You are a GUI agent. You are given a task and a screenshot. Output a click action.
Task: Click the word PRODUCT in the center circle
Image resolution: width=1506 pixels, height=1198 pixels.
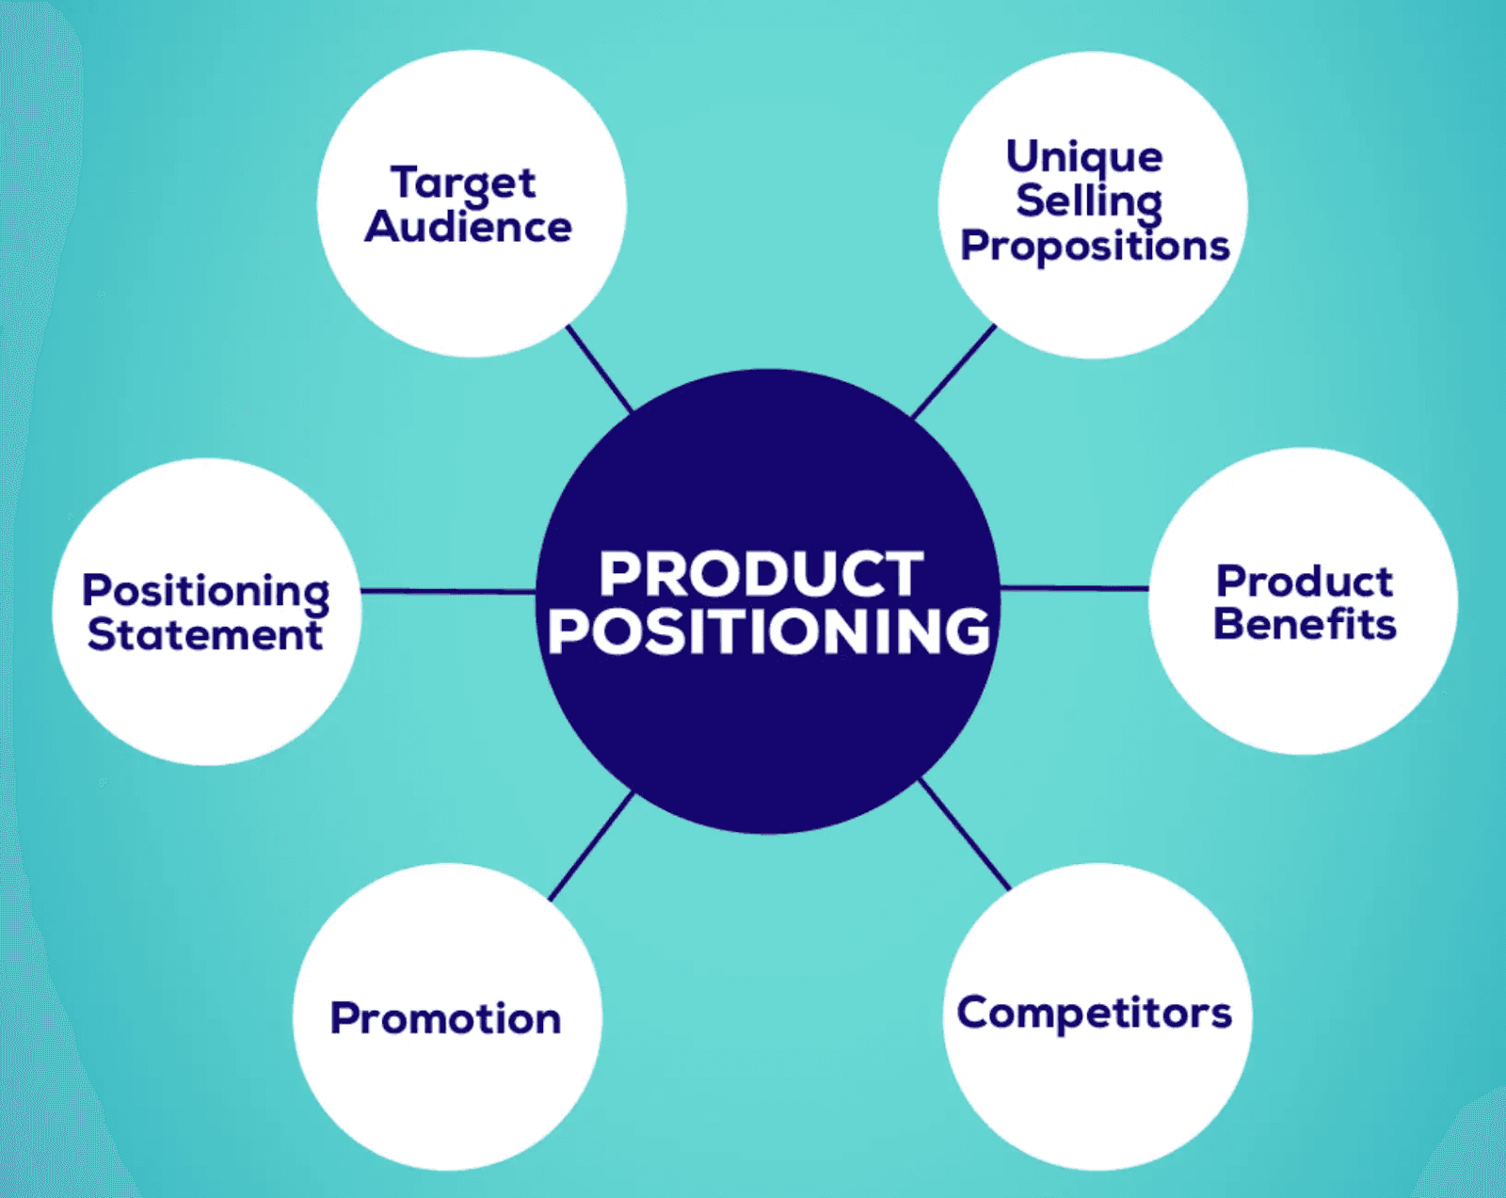pos(761,574)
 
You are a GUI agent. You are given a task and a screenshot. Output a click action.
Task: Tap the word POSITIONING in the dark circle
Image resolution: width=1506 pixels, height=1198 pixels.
pos(768,631)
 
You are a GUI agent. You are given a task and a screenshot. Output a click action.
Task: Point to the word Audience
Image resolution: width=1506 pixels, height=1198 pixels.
pos(468,227)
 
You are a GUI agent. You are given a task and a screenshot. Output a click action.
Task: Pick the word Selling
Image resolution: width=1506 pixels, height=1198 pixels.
pos(1089,203)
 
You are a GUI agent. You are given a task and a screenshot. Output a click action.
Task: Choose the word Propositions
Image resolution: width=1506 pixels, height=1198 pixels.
pos(1096,247)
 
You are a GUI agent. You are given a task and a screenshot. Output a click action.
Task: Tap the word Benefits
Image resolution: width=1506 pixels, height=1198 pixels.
pos(1306,624)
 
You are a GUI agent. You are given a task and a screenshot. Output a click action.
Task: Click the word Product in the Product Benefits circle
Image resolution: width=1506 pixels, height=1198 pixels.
pos(1306,582)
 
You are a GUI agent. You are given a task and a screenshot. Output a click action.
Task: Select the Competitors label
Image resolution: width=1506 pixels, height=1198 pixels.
pos(1095,1014)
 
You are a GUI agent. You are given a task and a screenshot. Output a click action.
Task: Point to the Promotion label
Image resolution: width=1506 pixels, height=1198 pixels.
pos(446,1019)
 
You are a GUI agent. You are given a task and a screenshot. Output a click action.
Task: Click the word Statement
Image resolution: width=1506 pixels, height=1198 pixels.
pos(205,635)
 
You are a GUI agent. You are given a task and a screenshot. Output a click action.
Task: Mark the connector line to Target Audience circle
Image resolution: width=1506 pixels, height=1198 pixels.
pos(600,368)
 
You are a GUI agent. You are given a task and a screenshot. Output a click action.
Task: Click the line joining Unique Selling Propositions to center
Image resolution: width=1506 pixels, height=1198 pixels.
pos(953,371)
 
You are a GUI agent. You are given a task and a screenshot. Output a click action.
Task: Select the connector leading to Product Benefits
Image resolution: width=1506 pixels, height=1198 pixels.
pos(1074,588)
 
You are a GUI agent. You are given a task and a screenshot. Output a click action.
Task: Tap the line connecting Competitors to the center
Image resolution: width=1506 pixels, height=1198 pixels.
pos(965,834)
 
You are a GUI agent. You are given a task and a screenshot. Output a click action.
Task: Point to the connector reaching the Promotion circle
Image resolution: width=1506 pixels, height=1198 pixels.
pos(591,846)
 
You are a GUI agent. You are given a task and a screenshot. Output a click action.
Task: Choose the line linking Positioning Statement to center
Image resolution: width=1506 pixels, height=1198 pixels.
pos(449,592)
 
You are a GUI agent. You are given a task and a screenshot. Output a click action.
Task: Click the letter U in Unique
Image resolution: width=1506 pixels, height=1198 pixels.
pos(1023,155)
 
